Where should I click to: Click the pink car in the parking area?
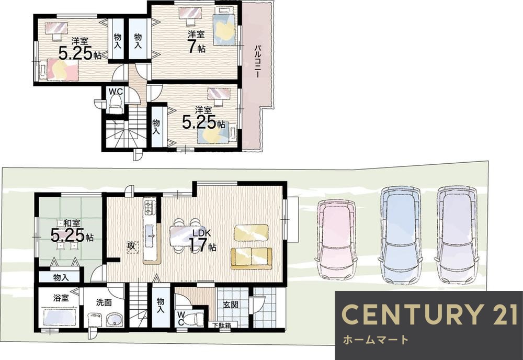336,240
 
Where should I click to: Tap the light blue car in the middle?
400,235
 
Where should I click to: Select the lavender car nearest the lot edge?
457,235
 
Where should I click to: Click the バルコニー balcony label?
257,61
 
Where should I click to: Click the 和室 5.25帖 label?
72,231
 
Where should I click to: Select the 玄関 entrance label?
231,305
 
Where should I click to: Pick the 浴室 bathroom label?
61,298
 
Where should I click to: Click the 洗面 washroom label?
104,302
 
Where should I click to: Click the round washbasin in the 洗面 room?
115,320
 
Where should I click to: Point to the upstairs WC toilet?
116,105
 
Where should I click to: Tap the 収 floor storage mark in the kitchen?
132,246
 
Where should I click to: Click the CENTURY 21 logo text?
429,314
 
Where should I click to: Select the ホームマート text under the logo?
376,340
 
